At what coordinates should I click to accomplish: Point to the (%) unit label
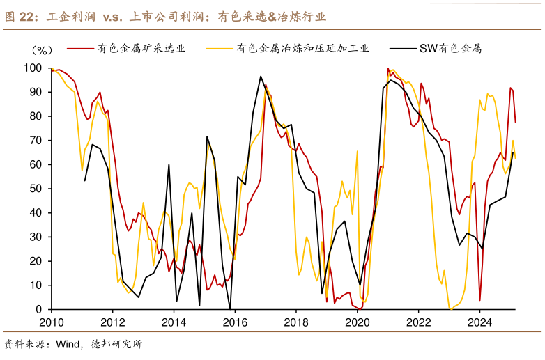(x=42, y=51)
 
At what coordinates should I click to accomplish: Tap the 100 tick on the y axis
(x=33, y=68)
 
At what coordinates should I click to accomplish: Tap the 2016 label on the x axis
(x=234, y=322)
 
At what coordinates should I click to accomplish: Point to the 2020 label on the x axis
(x=357, y=322)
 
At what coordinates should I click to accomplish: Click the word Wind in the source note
(x=69, y=343)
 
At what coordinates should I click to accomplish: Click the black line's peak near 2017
(x=261, y=77)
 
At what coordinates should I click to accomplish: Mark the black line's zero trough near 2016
(x=230, y=308)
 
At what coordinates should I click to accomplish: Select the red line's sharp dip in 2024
(x=479, y=300)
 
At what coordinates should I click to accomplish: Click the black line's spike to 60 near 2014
(x=169, y=165)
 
